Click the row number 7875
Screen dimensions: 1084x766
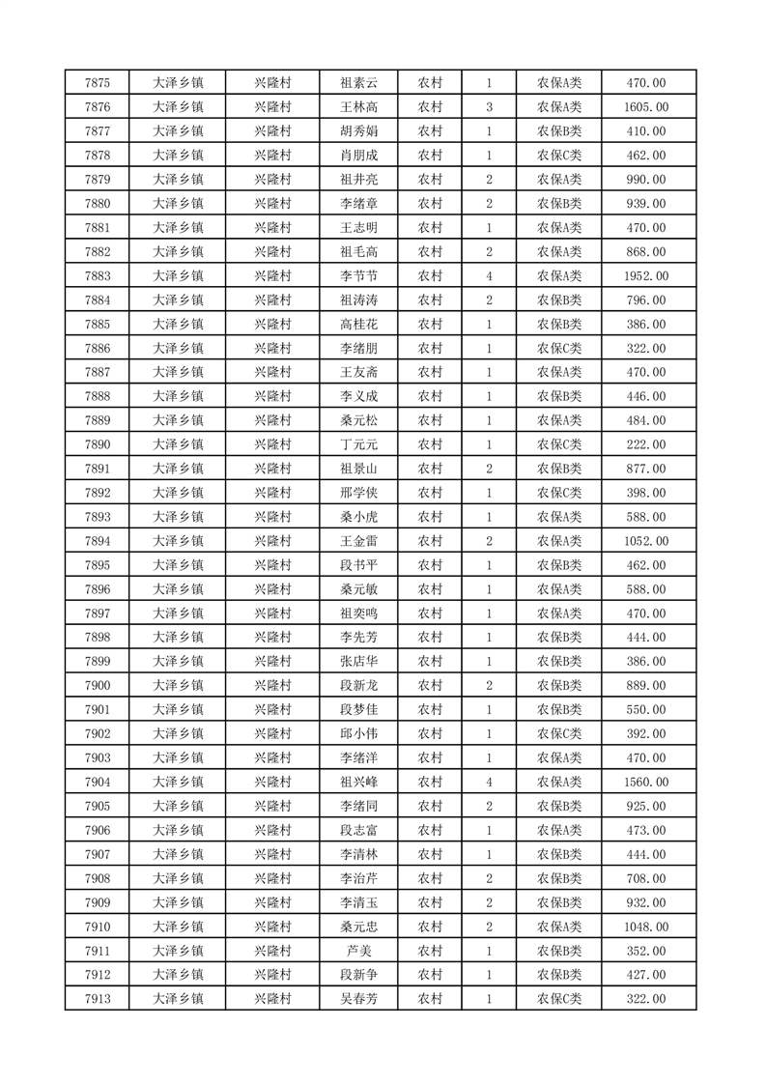[x=98, y=83]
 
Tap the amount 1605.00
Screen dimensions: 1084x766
[x=646, y=107]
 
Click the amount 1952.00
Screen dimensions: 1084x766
[x=646, y=276]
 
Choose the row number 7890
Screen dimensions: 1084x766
[x=98, y=444]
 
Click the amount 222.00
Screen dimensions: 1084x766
[x=646, y=444]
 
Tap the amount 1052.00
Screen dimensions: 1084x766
[x=646, y=541]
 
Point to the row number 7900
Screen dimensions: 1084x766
[x=98, y=686]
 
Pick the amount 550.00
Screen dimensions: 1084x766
[x=646, y=710]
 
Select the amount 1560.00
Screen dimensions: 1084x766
[x=646, y=783]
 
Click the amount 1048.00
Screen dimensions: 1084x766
[x=646, y=927]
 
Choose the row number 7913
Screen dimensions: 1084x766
[x=98, y=999]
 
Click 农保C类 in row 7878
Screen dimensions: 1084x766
[x=559, y=156]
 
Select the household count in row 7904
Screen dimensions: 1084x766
[x=490, y=783]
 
